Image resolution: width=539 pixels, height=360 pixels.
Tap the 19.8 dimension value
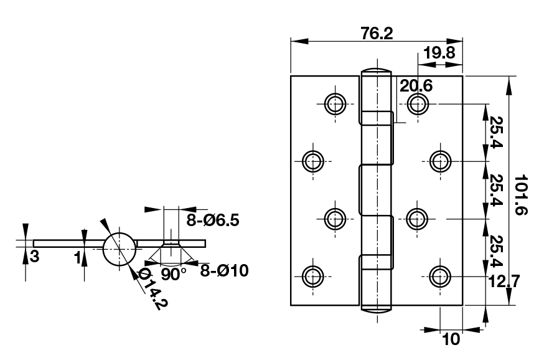pyautogui.click(x=439, y=52)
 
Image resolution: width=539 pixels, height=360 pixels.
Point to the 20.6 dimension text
pyautogui.click(x=416, y=85)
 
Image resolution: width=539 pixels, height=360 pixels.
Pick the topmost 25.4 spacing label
pyautogui.click(x=496, y=133)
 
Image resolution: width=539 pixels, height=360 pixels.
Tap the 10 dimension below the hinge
pyautogui.click(x=450, y=339)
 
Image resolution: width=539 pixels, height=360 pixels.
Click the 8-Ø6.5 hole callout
pyautogui.click(x=213, y=220)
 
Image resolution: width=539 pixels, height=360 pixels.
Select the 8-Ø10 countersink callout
pyautogui.click(x=224, y=270)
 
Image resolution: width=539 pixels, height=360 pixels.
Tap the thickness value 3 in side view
pyautogui.click(x=35, y=256)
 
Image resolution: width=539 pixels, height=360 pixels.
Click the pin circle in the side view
pyautogui.click(x=118, y=249)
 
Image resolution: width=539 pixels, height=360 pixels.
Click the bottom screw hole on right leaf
pyautogui.click(x=440, y=275)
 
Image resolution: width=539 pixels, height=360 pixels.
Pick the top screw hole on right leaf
pyautogui.click(x=418, y=103)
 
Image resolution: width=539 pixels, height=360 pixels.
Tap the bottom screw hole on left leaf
pyautogui.click(x=312, y=275)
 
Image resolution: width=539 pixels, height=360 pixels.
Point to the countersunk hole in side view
pyautogui.click(x=171, y=242)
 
